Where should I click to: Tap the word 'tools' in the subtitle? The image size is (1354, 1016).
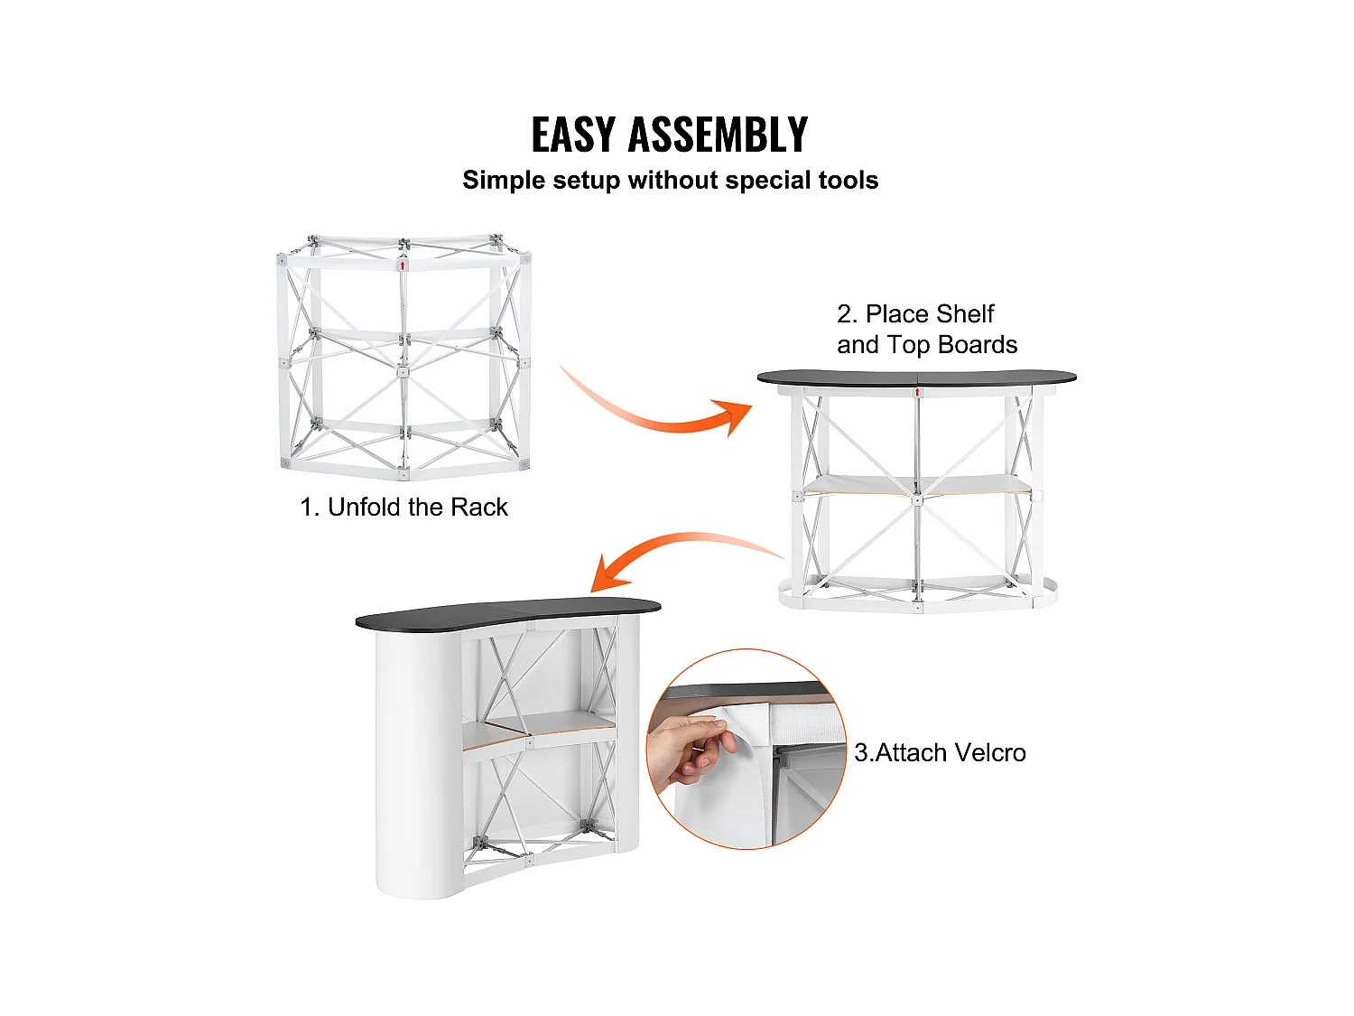[x=849, y=180]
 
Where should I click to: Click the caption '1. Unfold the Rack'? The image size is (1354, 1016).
[x=403, y=507]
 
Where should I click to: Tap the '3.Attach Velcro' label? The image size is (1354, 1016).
[x=940, y=752]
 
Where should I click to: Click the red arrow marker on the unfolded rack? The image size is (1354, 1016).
[x=403, y=266]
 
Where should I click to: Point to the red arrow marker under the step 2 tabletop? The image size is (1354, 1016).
[x=917, y=392]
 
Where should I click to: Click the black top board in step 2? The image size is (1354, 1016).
[x=916, y=378]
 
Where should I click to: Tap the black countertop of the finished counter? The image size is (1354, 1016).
[x=507, y=612]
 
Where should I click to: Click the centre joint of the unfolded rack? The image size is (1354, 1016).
[x=403, y=371]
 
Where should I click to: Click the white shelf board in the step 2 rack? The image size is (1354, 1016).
[x=916, y=485]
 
